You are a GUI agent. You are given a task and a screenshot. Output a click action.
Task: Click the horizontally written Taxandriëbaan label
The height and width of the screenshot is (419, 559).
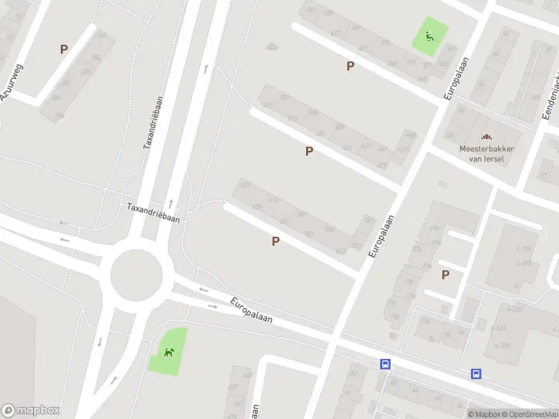tap(153, 212)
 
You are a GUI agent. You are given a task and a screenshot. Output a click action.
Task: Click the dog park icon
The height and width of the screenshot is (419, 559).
tap(168, 351)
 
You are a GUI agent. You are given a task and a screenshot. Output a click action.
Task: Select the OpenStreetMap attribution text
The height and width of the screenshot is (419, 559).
tap(529, 414)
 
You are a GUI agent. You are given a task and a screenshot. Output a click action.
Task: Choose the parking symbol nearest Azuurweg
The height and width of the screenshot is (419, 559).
tap(64, 50)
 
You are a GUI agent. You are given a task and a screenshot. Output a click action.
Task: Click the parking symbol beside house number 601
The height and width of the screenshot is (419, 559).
tap(276, 242)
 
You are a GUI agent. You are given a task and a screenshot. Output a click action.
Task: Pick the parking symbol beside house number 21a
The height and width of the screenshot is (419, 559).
tap(445, 274)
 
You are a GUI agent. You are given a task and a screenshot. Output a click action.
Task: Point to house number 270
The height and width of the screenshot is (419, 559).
tap(85, 71)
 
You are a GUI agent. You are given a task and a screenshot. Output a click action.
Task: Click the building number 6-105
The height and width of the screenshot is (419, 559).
tap(523, 249)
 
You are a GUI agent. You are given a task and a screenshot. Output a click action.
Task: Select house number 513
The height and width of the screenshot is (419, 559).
tap(292, 119)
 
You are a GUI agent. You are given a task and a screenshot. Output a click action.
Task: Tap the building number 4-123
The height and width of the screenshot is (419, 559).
tap(499, 328)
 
